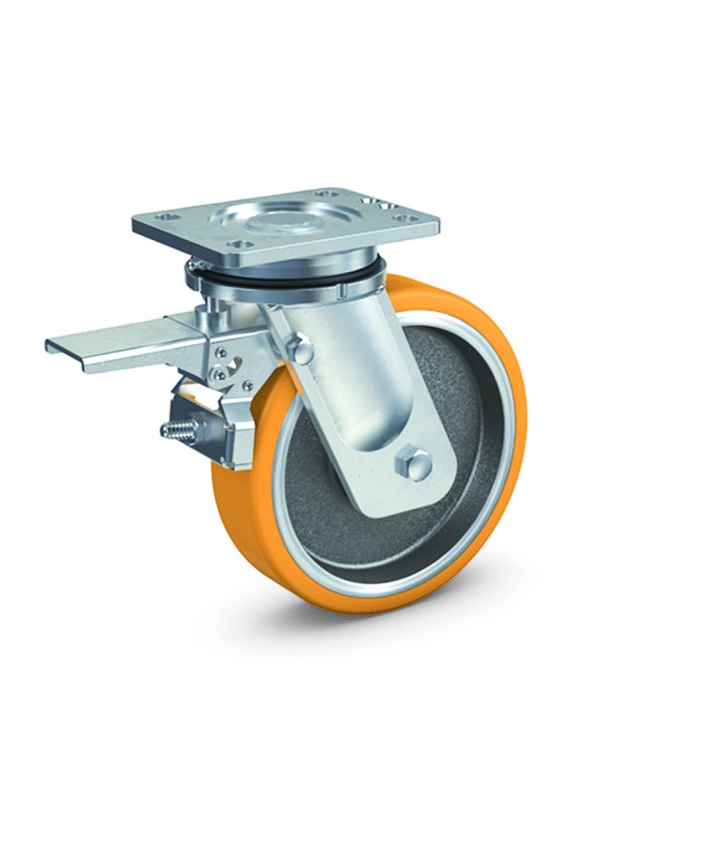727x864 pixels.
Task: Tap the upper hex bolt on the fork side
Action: pos(300,351)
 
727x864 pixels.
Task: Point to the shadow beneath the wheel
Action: pos(407,618)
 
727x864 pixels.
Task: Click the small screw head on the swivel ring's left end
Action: pos(190,267)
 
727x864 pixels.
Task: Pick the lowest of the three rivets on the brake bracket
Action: pos(246,386)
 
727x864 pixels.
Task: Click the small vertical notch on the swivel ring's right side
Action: pos(340,292)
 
